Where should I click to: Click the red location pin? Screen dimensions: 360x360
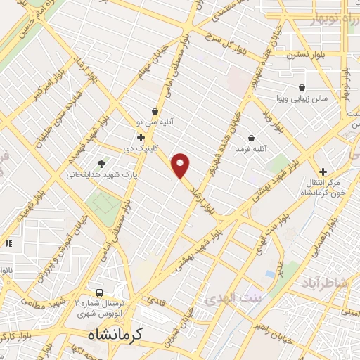click(x=181, y=166)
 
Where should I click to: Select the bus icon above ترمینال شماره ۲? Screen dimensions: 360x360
click(x=99, y=292)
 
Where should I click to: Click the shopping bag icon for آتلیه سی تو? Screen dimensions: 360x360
click(x=155, y=111)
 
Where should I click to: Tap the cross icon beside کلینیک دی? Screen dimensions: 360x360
click(x=141, y=138)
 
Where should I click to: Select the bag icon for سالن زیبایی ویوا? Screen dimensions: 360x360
click(x=302, y=88)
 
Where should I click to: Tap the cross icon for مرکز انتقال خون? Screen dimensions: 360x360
click(x=323, y=172)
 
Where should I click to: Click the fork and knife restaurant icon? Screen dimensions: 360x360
click(x=8, y=243)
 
